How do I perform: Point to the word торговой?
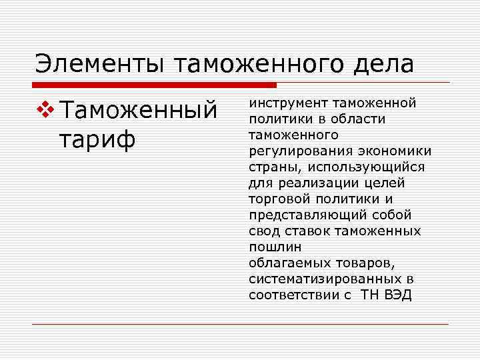click(277, 199)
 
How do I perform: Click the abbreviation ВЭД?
click(399, 295)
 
